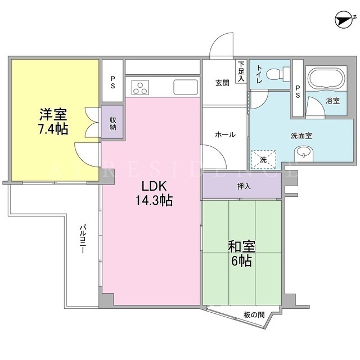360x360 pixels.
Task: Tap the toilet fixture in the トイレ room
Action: point(278,74)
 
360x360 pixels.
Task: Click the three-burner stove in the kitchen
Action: point(140,88)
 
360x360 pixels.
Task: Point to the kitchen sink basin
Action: point(186,87)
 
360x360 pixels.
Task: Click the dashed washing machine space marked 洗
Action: point(264,160)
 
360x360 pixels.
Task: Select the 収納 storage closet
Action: point(112,122)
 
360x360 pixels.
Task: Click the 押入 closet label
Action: point(244,186)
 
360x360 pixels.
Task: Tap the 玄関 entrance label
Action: point(222,83)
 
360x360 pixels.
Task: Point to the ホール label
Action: point(225,134)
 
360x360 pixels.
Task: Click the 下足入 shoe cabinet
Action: point(241,71)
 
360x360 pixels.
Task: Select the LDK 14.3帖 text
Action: point(154,193)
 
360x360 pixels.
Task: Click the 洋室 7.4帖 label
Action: point(53,121)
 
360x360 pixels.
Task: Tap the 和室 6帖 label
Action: point(241,254)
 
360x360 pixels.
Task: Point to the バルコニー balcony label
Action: point(83,239)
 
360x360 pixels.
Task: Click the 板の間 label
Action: point(254,314)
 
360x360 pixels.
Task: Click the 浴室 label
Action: point(332,101)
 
